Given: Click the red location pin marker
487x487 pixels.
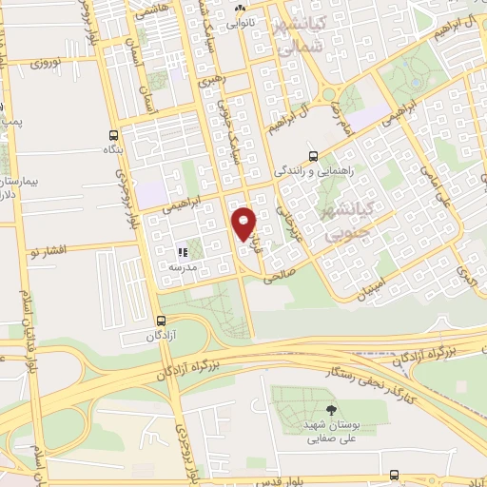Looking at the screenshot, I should [244, 224].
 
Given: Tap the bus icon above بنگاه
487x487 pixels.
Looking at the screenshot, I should [114, 134].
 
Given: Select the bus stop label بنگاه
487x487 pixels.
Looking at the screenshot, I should [112, 150].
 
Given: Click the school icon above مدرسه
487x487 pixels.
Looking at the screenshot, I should [182, 252].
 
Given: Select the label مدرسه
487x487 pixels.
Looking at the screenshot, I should [182, 268].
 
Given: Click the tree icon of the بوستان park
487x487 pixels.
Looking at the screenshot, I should [330, 410].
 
